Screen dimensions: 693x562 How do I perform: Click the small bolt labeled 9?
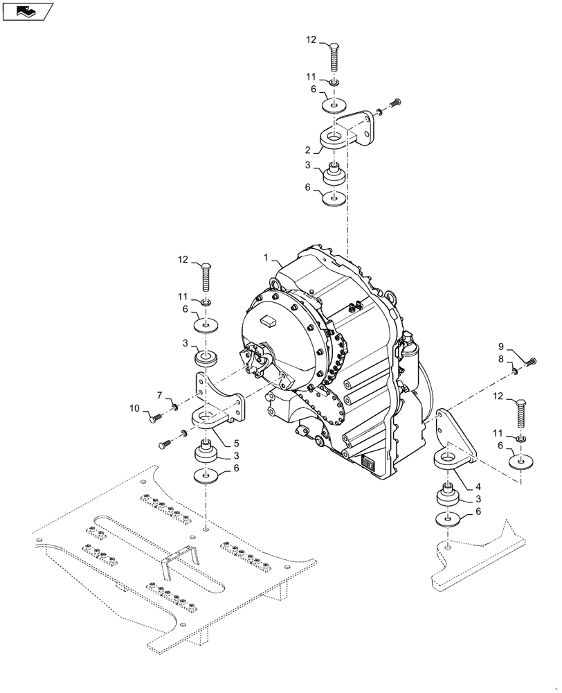(x=532, y=361)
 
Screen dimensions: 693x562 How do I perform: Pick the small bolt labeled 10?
(x=155, y=417)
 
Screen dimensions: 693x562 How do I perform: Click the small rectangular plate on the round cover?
(x=269, y=321)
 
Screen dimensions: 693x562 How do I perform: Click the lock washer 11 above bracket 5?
(x=206, y=302)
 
